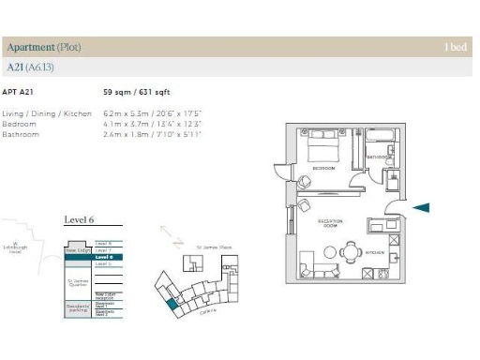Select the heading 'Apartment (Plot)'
coord(43,47)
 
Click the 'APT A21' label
coord(18,93)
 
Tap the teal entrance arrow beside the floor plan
coord(421,207)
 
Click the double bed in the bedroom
coord(323,147)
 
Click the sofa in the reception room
coord(317,268)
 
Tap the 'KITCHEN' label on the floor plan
coord(376,252)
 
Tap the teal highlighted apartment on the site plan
coord(172,302)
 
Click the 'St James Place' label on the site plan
coord(207,247)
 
